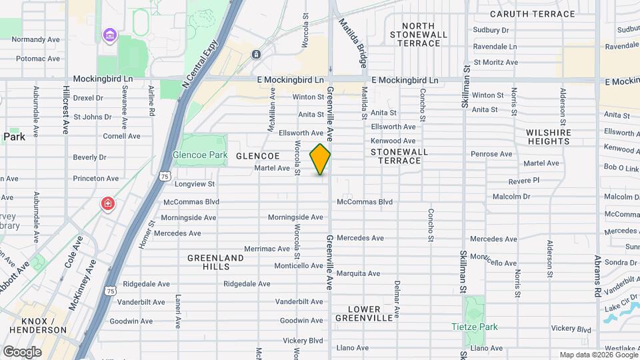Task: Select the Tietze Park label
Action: [474, 327]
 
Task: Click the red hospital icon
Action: [107, 203]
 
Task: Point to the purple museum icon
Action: [107, 34]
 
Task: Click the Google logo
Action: [22, 351]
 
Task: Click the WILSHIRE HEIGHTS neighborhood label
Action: [549, 137]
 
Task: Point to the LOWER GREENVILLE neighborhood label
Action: [364, 313]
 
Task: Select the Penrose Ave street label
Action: [491, 154]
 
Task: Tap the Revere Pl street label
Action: [523, 181]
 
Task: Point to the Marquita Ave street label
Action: [358, 273]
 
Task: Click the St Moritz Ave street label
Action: [495, 62]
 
